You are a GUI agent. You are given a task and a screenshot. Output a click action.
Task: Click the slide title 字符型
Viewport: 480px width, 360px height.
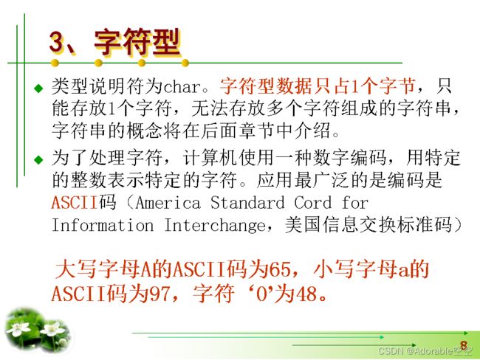click(x=137, y=42)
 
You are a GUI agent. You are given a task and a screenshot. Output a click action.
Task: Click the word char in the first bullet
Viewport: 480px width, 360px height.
click(x=182, y=86)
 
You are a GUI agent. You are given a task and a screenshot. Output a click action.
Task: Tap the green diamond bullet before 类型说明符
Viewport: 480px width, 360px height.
click(x=39, y=89)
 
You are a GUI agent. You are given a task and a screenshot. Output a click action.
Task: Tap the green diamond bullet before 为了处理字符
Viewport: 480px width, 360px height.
click(x=39, y=159)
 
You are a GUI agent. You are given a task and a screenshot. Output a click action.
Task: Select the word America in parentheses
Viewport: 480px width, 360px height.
click(x=168, y=203)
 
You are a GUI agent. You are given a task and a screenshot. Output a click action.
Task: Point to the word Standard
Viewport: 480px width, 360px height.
click(x=247, y=202)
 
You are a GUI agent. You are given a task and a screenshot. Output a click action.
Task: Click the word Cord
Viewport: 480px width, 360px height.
click(x=313, y=202)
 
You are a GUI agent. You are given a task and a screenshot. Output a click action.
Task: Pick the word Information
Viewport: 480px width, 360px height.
click(x=103, y=226)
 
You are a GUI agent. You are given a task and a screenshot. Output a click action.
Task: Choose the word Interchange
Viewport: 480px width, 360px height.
click(x=215, y=226)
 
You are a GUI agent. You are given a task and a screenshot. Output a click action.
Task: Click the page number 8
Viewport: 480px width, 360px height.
click(x=464, y=345)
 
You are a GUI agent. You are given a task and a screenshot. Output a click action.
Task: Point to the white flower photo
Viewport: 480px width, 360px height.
click(x=37, y=330)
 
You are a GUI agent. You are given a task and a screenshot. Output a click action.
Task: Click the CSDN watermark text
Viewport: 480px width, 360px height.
click(x=425, y=351)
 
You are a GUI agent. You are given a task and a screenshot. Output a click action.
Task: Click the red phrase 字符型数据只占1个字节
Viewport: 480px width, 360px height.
click(x=317, y=86)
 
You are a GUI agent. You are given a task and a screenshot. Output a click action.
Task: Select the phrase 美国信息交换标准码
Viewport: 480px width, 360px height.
click(x=368, y=226)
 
